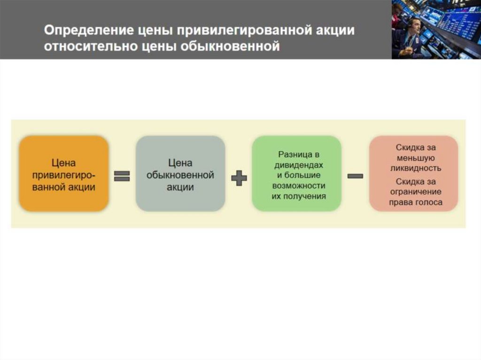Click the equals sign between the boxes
coord(122,176)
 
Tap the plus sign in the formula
coord(239,177)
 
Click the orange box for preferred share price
coord(64,174)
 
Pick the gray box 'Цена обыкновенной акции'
coord(180,174)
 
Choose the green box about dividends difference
coord(297,174)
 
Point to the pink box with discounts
coord(413,174)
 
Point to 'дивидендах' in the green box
coord(299,165)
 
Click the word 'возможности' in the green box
coord(299,186)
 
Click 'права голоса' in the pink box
coord(416,203)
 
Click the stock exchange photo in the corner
coord(436,29)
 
